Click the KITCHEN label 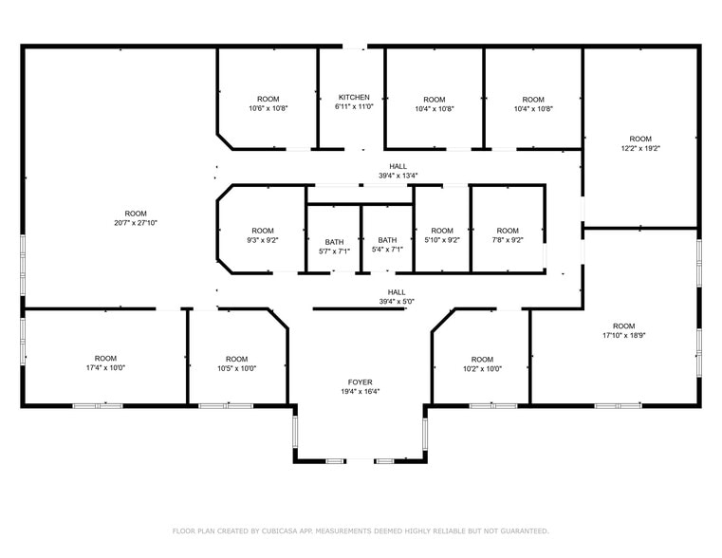354,97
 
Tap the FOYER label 360,381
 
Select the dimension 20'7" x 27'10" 136,223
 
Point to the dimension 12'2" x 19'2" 640,148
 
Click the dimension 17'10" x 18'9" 623,335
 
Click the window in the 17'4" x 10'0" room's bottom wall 98,406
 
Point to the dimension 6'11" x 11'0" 354,107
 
